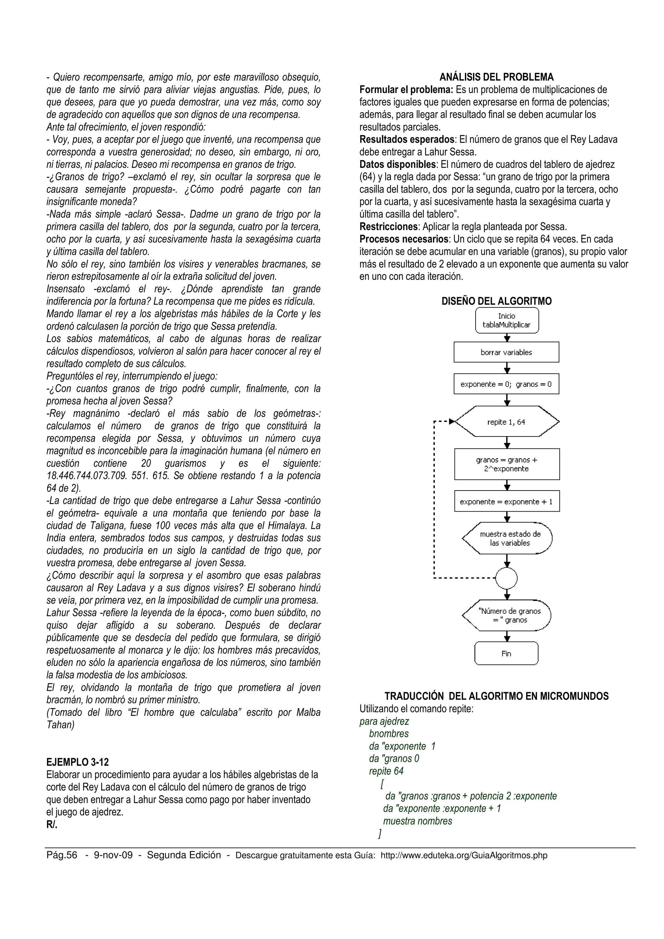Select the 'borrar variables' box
point(506,352)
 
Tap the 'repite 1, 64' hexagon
point(506,422)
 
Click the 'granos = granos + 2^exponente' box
point(506,464)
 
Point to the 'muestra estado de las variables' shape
point(507,538)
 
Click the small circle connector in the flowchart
point(506,578)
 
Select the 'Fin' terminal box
point(506,654)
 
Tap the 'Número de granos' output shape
point(507,616)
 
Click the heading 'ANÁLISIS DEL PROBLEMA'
point(496,77)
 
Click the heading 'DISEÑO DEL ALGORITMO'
point(496,301)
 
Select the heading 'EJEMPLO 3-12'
point(78,762)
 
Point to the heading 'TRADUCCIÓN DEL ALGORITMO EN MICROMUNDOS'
point(496,696)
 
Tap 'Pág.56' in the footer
point(62,855)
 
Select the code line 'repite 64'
point(386,771)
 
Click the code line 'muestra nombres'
point(417,821)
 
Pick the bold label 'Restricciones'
point(388,226)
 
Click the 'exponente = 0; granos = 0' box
point(506,384)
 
